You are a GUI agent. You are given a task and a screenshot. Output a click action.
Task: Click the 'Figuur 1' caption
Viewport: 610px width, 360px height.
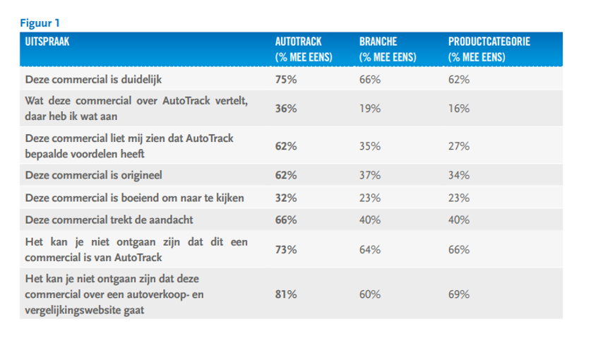(40, 21)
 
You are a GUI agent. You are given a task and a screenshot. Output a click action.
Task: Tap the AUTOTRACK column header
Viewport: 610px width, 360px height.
(304, 42)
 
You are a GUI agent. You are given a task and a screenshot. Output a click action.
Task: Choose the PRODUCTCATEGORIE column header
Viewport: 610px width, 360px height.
(489, 42)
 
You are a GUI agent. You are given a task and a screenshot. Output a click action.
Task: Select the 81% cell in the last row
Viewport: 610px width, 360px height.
(285, 294)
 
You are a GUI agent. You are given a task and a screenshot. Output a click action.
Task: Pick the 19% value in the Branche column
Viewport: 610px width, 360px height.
(370, 108)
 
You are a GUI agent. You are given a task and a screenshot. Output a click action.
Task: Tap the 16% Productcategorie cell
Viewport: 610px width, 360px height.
(458, 108)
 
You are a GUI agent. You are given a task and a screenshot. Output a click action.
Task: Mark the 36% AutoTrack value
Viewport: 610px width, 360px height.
(285, 108)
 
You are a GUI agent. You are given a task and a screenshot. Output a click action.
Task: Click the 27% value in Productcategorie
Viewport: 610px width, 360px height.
(458, 146)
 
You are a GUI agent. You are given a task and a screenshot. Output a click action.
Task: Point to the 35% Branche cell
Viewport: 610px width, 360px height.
(370, 146)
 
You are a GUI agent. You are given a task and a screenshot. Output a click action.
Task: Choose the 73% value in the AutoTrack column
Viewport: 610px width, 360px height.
(285, 248)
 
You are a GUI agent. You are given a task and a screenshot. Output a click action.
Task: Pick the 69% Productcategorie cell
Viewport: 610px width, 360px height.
(458, 294)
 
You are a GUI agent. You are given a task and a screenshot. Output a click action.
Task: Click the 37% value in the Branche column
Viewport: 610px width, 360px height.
(370, 174)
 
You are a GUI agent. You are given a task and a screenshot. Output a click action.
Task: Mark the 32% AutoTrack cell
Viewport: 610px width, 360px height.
(285, 198)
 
